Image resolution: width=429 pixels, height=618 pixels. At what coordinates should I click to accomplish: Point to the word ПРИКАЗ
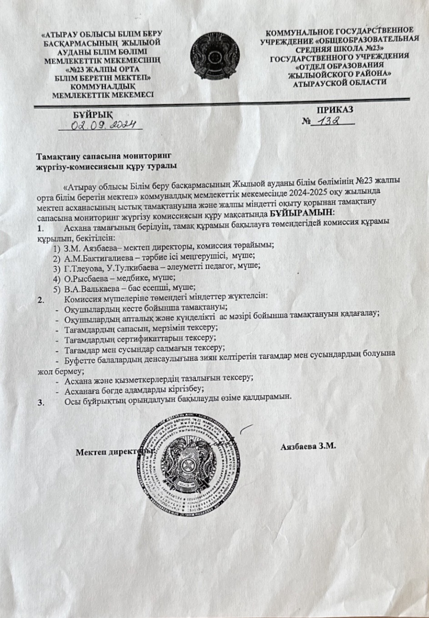(335, 109)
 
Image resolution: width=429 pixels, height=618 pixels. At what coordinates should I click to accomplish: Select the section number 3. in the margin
(41, 402)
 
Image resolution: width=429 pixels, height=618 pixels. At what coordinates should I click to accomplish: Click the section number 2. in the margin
(41, 299)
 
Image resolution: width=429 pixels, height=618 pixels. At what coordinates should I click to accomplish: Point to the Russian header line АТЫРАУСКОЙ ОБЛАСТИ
(340, 83)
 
